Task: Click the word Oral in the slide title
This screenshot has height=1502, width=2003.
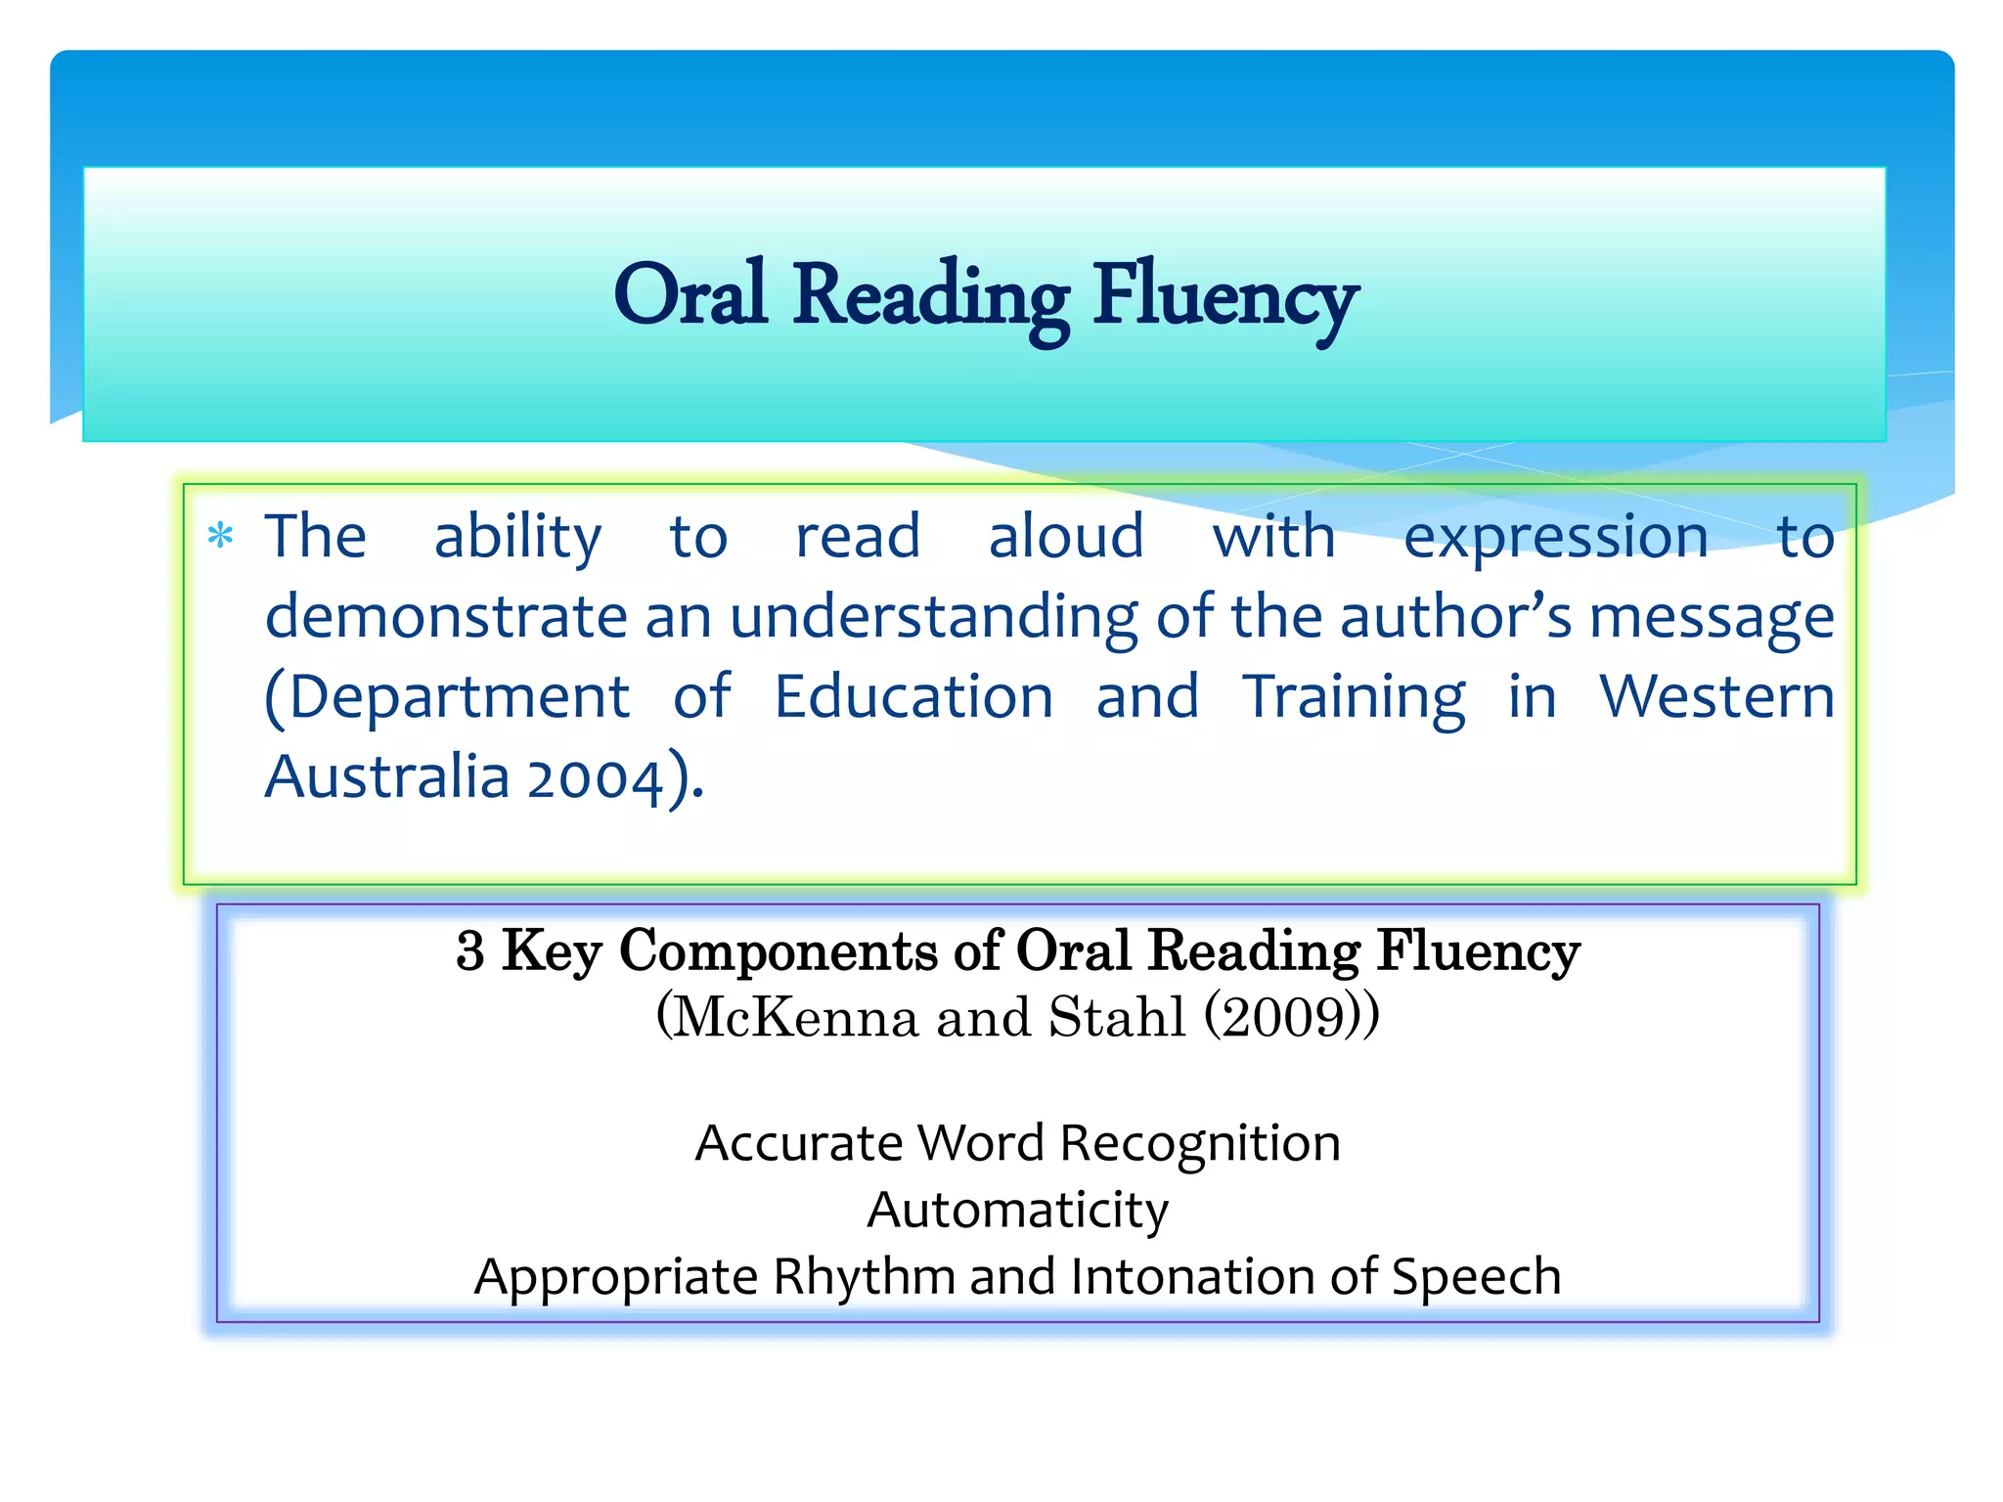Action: coord(690,296)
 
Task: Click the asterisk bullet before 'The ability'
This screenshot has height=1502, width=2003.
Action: coord(221,537)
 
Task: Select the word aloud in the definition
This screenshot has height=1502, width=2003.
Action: coord(1065,537)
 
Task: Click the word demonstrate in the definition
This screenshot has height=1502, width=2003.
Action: coord(446,618)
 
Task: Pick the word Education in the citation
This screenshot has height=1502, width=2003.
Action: coord(913,697)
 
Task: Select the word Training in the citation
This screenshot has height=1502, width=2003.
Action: coord(1355,699)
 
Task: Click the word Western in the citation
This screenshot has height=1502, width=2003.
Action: coord(1716,697)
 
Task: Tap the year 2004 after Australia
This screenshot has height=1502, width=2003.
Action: coord(596,779)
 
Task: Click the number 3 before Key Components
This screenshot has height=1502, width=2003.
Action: coord(470,950)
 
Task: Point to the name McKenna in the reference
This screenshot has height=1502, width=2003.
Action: coord(796,1018)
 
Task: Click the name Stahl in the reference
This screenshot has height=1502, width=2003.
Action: coord(1117,1017)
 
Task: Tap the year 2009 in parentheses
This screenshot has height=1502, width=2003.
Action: coord(1291,1018)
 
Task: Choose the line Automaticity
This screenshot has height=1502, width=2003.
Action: coord(1017,1211)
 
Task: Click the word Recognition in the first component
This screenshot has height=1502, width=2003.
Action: coord(1200,1143)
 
